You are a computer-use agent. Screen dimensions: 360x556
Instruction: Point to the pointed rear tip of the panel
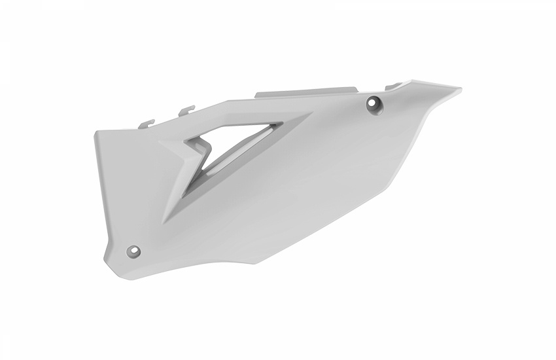[x=459, y=89]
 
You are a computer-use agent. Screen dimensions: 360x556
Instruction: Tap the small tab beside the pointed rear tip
[x=397, y=84]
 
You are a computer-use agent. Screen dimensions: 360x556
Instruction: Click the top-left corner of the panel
[x=96, y=131]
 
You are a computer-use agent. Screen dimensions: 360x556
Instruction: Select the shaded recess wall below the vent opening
[x=196, y=196]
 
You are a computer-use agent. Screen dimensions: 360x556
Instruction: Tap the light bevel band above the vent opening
[x=249, y=118]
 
